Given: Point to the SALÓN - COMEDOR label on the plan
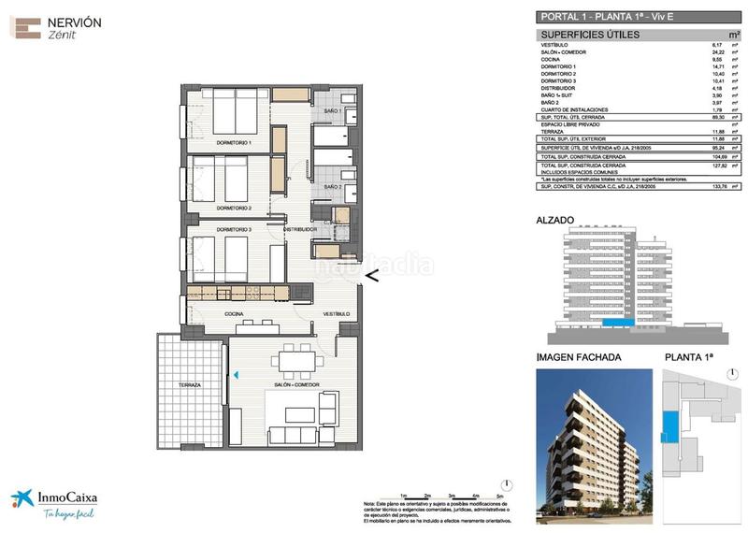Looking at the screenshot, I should (x=297, y=385).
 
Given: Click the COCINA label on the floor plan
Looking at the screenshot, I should (x=235, y=314).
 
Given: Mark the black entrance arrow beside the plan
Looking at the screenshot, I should (x=371, y=275).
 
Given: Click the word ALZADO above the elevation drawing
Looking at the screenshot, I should (x=555, y=222).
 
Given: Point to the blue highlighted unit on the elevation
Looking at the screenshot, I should (x=615, y=323).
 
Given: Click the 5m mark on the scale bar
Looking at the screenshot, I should (x=500, y=495).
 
